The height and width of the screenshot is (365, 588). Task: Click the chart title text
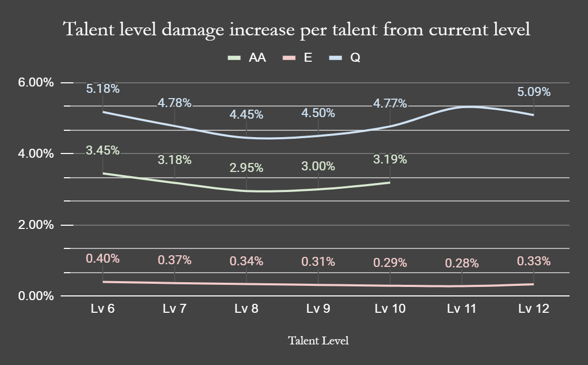[x=296, y=30]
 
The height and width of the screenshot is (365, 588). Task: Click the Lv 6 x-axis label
[x=103, y=309]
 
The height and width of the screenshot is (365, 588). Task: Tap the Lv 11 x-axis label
[x=461, y=309]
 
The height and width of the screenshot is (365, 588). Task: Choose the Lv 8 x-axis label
[x=246, y=309]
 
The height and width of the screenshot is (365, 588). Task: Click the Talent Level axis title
[x=318, y=341]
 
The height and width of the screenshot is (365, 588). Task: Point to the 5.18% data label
[x=103, y=89]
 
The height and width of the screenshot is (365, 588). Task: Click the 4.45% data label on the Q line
[x=246, y=114]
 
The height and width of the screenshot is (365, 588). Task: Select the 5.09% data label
[x=534, y=92]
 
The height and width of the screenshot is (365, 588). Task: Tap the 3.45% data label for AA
[x=103, y=151]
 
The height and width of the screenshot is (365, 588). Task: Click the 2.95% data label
[x=246, y=168]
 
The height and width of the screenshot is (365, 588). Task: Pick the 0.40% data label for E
[x=103, y=258]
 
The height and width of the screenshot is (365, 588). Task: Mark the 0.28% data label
[x=462, y=263]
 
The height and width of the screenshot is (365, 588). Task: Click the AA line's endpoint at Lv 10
[x=390, y=182]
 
